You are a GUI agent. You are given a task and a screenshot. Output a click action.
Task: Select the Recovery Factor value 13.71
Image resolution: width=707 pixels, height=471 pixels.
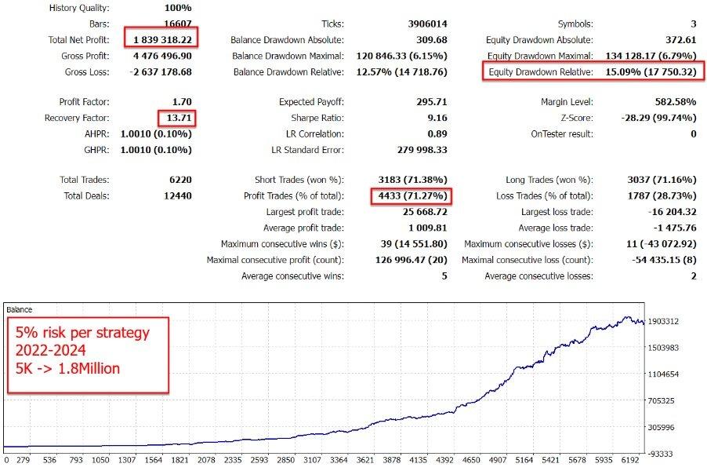click(176, 118)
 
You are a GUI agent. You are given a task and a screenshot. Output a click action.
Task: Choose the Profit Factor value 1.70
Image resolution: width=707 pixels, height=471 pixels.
click(180, 102)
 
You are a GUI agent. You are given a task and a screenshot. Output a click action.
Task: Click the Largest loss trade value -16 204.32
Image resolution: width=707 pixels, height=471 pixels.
click(666, 212)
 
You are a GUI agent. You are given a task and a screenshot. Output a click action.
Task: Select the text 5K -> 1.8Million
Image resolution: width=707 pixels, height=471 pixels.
click(68, 367)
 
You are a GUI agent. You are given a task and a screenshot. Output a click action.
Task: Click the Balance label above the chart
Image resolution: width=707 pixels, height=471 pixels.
click(20, 309)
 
